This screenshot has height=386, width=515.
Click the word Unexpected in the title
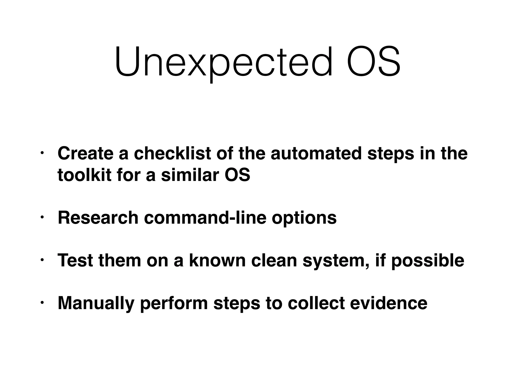(x=223, y=62)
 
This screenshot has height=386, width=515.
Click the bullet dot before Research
(x=42, y=217)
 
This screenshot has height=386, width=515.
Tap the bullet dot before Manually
(x=42, y=302)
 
